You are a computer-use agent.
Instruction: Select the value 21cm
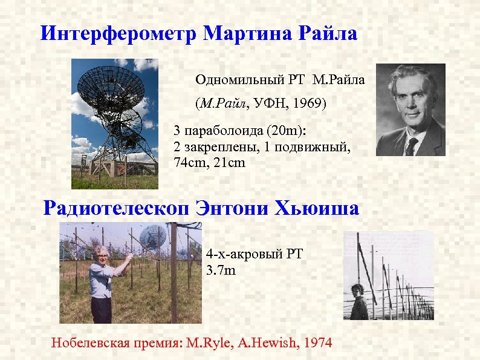[x=229, y=162]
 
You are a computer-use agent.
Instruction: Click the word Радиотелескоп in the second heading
[x=117, y=209]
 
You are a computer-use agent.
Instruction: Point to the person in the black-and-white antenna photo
[x=359, y=301]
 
